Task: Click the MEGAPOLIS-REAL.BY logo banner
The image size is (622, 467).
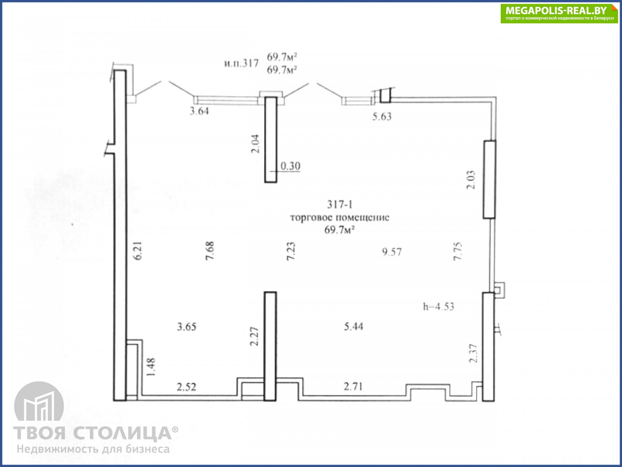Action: pyautogui.click(x=559, y=13)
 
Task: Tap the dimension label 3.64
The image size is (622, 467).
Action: pyautogui.click(x=199, y=111)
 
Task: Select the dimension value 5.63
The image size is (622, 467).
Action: pyautogui.click(x=382, y=116)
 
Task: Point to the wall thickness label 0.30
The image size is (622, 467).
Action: pyautogui.click(x=290, y=166)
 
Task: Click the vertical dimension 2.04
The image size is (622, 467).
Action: pyautogui.click(x=255, y=144)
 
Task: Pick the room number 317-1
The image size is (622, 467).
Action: pyautogui.click(x=340, y=204)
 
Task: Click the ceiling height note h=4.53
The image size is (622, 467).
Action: pyautogui.click(x=439, y=307)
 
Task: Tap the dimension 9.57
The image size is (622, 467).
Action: pyautogui.click(x=392, y=252)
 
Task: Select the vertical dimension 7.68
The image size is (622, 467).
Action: pyautogui.click(x=210, y=251)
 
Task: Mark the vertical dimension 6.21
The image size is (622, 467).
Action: pyautogui.click(x=138, y=251)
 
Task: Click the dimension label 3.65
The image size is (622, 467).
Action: pyautogui.click(x=187, y=327)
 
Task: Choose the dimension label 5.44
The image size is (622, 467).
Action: pyautogui.click(x=353, y=327)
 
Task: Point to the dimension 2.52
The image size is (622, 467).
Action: pyautogui.click(x=187, y=387)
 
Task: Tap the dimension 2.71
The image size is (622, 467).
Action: pyautogui.click(x=353, y=386)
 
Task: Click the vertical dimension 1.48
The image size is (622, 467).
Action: pyautogui.click(x=151, y=367)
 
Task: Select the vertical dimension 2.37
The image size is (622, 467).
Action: pyautogui.click(x=473, y=353)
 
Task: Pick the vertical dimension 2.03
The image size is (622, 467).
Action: pyautogui.click(x=471, y=180)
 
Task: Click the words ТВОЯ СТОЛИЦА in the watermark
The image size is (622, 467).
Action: pyautogui.click(x=92, y=433)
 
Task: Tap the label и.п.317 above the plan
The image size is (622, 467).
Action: pyautogui.click(x=241, y=63)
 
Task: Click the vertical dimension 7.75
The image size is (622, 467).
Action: pyautogui.click(x=457, y=251)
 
